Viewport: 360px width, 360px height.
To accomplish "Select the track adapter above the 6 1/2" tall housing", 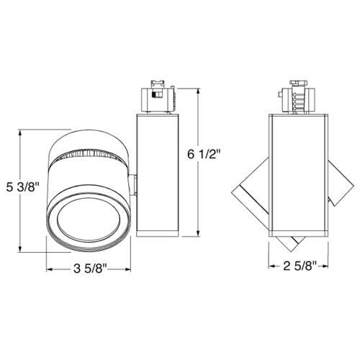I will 156,96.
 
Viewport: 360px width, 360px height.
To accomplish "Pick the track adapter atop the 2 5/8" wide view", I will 301,97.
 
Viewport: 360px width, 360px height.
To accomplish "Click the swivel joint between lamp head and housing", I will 135,183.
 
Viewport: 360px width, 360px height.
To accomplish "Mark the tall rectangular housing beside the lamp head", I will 156,173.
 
